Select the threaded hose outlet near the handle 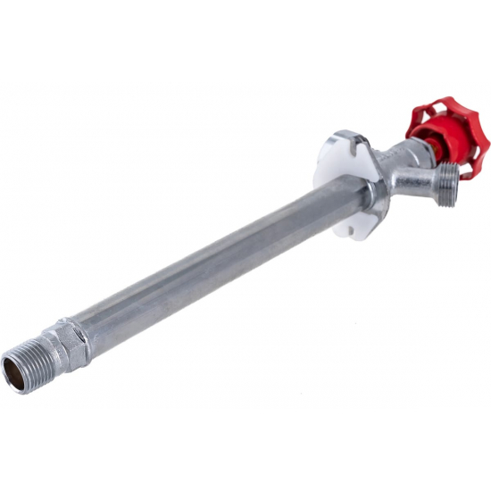[x=446, y=183]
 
